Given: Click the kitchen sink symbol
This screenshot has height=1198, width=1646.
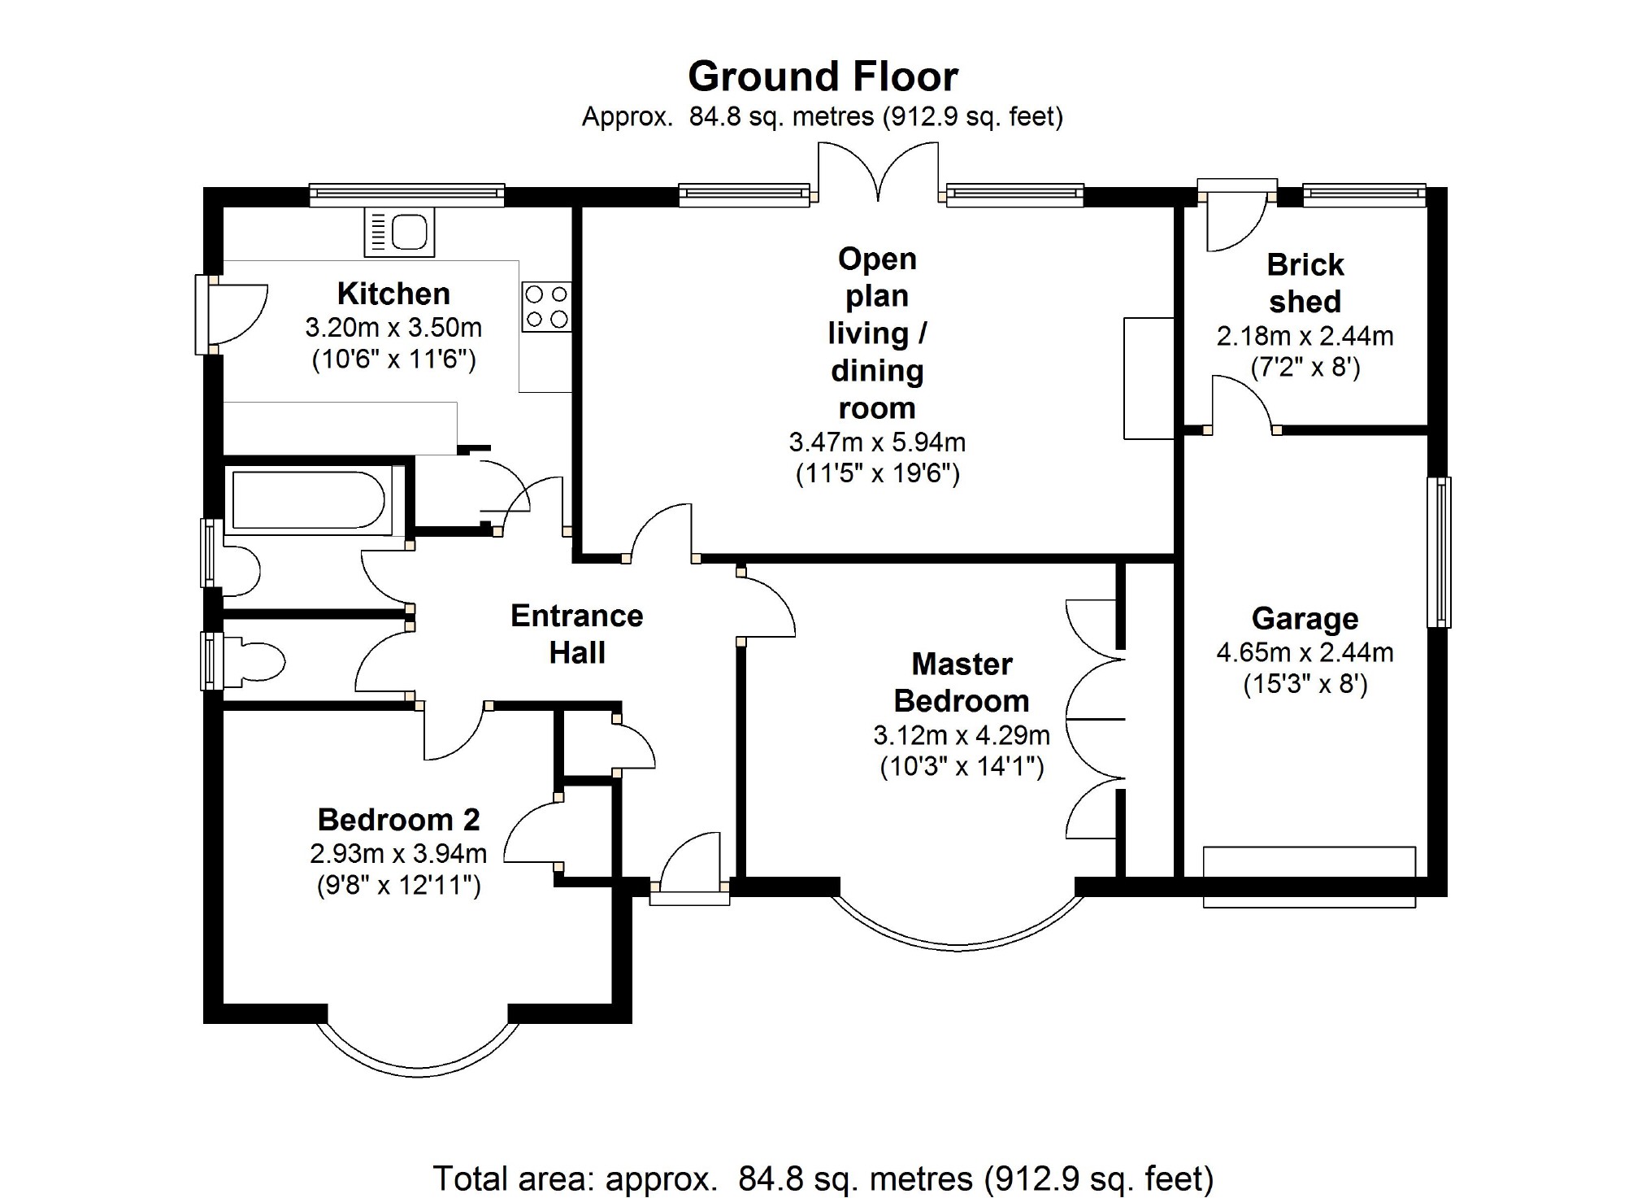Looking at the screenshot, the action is click(399, 232).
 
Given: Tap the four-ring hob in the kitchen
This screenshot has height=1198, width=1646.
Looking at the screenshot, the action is click(546, 307).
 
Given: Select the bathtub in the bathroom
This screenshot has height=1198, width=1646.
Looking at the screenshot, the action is click(308, 501).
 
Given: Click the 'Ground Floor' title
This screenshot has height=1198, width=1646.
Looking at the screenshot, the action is click(823, 77).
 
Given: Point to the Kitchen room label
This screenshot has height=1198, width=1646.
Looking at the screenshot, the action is click(393, 294).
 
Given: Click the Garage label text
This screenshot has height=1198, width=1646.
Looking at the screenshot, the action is click(1305, 619).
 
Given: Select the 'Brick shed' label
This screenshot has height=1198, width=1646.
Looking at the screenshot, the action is click(1305, 283).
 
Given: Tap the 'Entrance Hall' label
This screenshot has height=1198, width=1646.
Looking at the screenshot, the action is click(576, 634).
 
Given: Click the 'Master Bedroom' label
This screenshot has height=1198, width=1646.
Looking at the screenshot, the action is click(962, 682).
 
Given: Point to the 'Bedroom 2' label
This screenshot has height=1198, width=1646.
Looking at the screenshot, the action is click(398, 819).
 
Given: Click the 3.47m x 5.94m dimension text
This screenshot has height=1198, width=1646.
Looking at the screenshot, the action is click(877, 442).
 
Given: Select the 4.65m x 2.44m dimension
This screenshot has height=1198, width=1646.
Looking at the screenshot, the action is click(1305, 652).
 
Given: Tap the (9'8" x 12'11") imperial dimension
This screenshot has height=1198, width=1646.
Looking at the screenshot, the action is click(398, 884).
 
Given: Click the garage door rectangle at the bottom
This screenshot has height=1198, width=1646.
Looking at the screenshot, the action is click(1309, 877).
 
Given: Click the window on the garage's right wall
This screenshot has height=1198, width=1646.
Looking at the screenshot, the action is click(1439, 552).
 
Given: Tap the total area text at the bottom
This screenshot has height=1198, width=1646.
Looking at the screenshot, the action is click(823, 1178).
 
